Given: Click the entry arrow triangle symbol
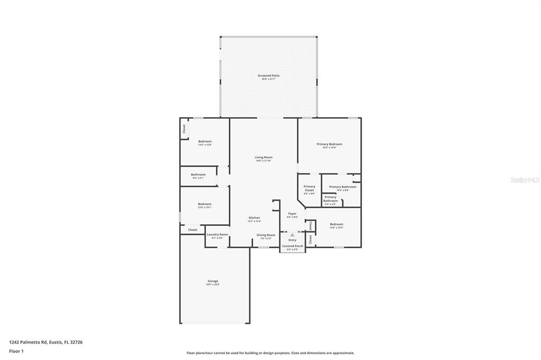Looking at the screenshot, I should (292, 235).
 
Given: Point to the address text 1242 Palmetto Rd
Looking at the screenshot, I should (46, 342).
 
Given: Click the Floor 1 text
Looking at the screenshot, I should (16, 350).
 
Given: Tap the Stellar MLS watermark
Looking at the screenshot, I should (524, 180).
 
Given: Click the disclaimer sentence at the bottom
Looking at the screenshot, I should (270, 353).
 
